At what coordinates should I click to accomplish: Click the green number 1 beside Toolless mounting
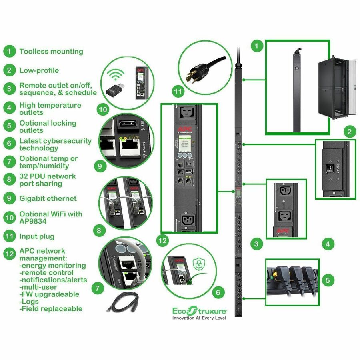(x=9, y=51)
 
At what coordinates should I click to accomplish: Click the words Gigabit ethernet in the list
(x=48, y=198)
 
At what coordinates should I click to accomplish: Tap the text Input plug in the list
(x=37, y=236)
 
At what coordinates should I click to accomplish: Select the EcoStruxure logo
(x=199, y=310)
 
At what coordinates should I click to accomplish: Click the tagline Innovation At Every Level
(x=199, y=318)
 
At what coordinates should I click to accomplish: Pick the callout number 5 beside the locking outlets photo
(x=328, y=280)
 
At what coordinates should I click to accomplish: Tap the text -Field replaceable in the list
(x=51, y=309)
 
